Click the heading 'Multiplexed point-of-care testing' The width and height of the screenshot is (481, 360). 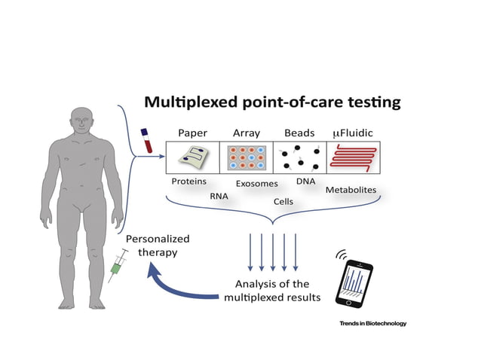(273, 102)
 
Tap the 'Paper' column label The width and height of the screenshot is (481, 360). (192, 133)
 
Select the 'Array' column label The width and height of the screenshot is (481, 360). (246, 133)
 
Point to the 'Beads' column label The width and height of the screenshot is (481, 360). (299, 133)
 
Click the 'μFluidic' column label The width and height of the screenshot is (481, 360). (353, 133)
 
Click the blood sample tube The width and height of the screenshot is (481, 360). (146, 141)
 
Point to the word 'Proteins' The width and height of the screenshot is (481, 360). (189, 182)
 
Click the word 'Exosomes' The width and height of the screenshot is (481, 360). (257, 184)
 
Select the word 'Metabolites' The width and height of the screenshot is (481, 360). (351, 190)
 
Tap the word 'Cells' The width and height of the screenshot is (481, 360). (283, 202)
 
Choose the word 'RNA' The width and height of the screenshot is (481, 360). (219, 196)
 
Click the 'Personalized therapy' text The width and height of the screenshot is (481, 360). (157, 246)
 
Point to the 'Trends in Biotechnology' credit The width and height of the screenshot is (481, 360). (372, 323)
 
